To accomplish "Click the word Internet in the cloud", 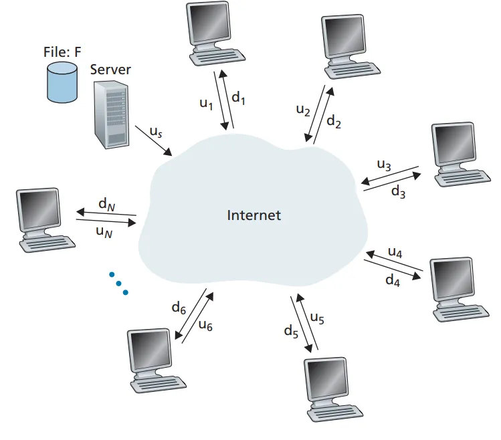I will click(x=254, y=215).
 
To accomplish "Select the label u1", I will click(x=206, y=104).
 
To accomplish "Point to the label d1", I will click(x=239, y=98).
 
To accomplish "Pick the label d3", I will click(x=398, y=193).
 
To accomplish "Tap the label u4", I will click(x=395, y=253).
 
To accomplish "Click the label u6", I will click(x=205, y=326).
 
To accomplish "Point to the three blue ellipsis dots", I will click(x=118, y=283).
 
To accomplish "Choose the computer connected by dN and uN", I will click(x=41, y=219).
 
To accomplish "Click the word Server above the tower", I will click(x=110, y=70).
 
